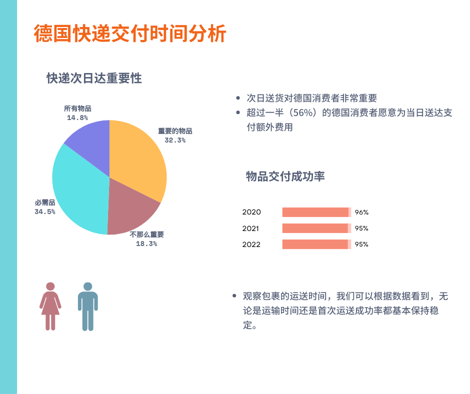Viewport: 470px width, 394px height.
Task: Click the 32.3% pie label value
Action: point(175,140)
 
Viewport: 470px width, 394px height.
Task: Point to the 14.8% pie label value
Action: point(77,118)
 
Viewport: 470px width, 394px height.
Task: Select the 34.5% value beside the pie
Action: point(45,211)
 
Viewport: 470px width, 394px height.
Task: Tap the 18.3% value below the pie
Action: point(146,244)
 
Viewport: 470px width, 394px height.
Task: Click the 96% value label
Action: point(361,212)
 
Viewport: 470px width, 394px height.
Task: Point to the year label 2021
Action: point(250,228)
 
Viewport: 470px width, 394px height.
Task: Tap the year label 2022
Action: point(251,244)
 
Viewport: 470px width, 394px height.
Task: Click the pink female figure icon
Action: point(50,306)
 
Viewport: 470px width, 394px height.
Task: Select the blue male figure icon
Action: point(88,306)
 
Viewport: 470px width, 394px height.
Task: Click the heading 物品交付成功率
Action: point(285,176)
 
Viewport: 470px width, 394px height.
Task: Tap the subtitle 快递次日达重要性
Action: point(94,78)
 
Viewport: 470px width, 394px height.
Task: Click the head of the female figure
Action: point(50,286)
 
